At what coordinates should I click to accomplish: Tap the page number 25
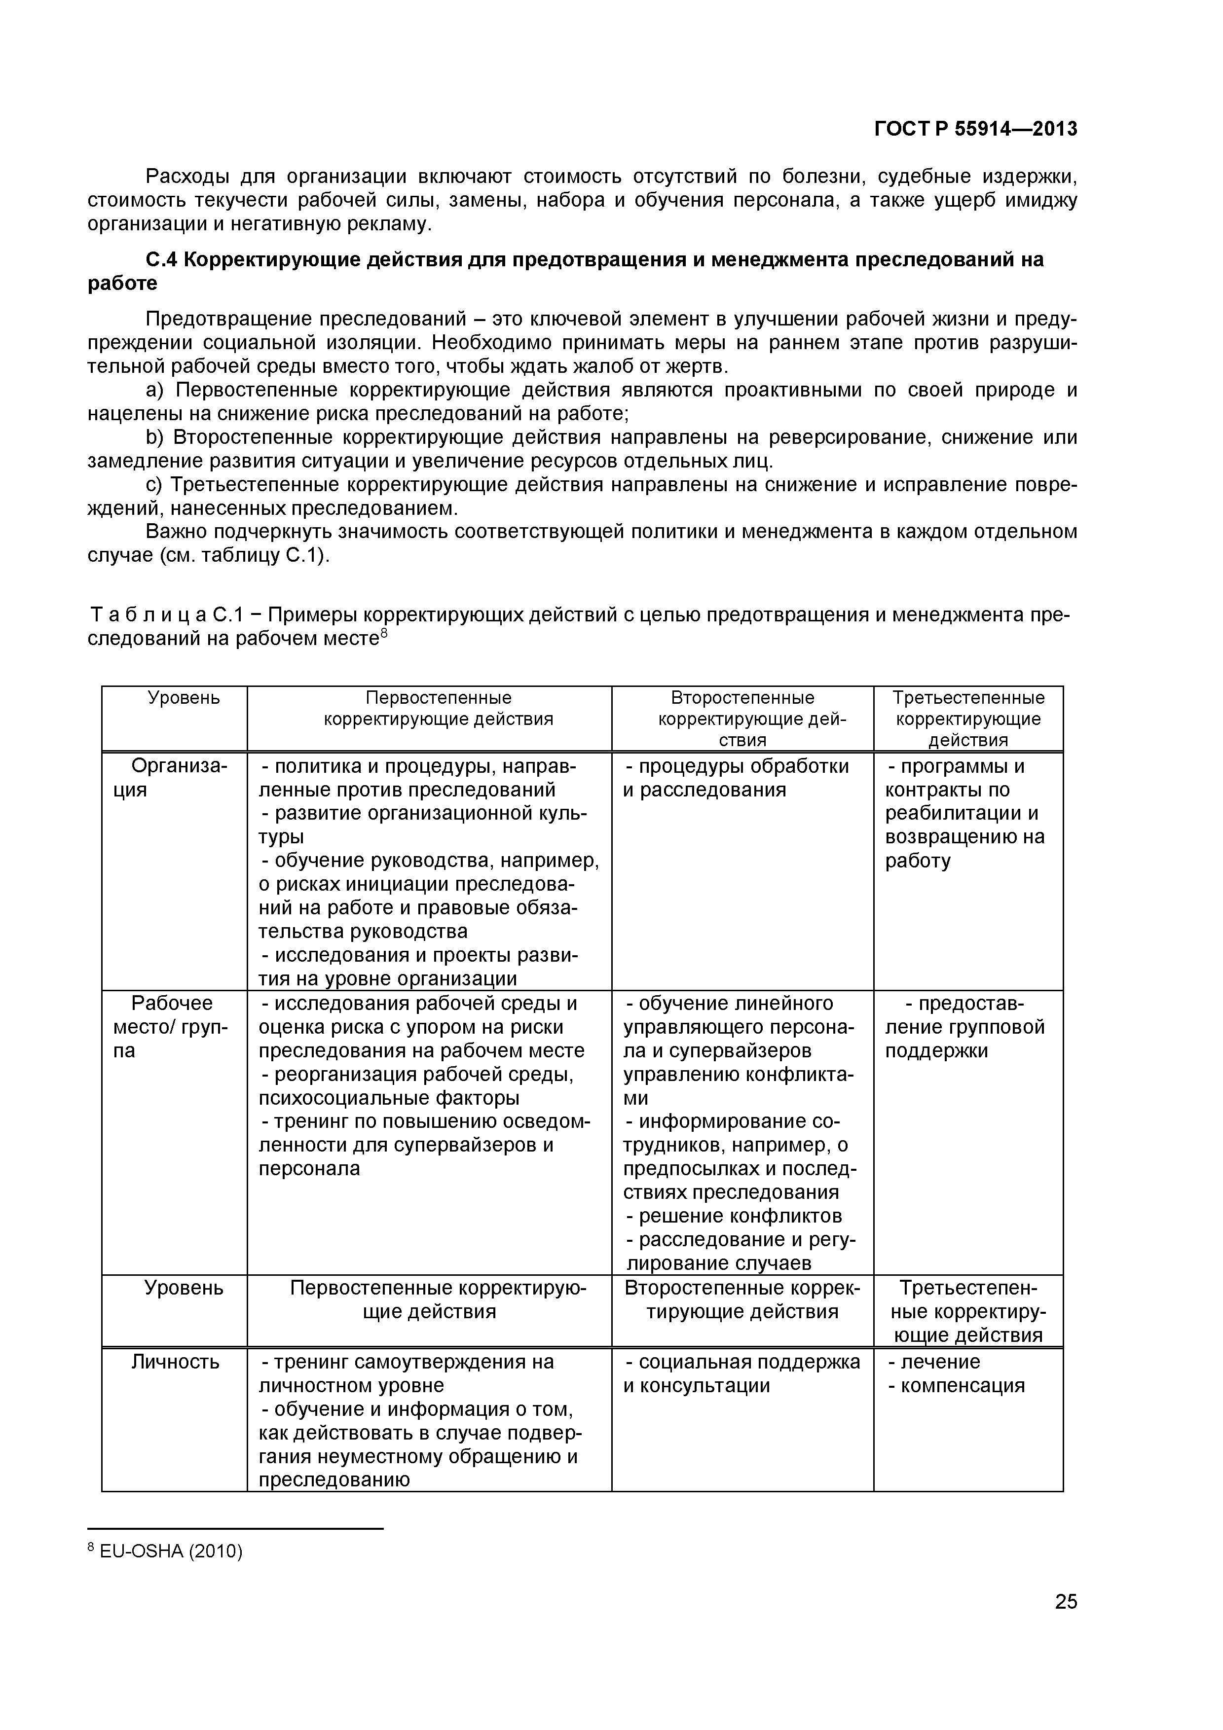1066,1623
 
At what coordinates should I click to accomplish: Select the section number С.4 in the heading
161,260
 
